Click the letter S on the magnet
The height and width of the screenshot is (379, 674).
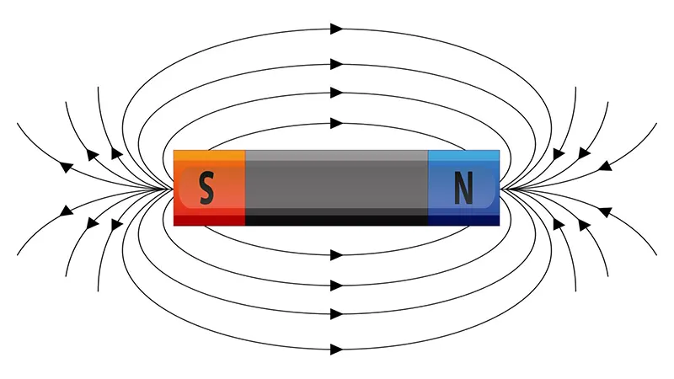206,188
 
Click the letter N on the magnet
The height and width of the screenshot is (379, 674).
464,188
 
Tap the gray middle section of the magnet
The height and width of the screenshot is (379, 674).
336,183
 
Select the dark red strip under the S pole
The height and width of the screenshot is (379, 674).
209,221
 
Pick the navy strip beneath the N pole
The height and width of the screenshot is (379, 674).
464,221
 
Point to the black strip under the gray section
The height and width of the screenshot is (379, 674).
336,221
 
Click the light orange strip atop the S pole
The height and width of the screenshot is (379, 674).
209,156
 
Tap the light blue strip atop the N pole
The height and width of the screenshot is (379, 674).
464,156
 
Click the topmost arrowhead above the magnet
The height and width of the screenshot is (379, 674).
336,29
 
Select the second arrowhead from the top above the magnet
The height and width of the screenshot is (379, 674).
336,64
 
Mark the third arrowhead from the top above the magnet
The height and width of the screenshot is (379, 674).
336,93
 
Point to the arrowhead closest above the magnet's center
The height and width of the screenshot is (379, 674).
336,123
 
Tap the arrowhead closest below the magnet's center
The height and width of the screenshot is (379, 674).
336,255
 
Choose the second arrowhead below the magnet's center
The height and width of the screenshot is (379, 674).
336,286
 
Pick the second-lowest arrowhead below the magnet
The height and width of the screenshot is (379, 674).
336,314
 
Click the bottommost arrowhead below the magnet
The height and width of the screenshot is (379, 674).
336,350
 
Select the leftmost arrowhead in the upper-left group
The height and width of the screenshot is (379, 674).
66,167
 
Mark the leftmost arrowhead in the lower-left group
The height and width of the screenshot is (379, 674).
66,211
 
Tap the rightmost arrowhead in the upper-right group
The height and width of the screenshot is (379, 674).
606,165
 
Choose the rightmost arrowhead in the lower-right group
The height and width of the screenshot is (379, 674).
606,212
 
